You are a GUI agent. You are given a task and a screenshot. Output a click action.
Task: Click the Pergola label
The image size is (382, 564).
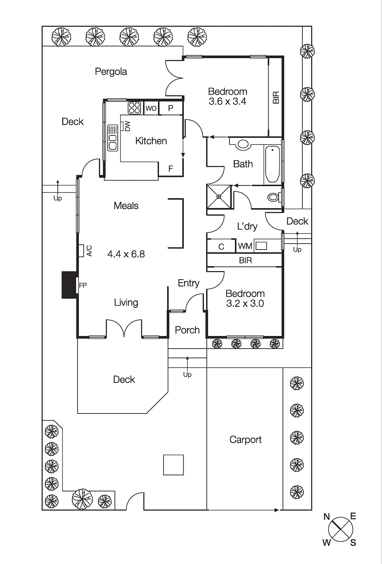click(x=111, y=72)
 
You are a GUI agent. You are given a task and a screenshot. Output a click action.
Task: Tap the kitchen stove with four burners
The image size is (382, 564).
click(x=134, y=108)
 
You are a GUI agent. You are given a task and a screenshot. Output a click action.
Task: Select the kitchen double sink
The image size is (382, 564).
click(x=112, y=137)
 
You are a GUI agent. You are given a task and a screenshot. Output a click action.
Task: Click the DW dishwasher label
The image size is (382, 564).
click(x=127, y=126)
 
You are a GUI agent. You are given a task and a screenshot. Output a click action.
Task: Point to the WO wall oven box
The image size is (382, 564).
click(x=151, y=108)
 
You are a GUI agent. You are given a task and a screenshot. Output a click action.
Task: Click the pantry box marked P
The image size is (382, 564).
click(x=171, y=108)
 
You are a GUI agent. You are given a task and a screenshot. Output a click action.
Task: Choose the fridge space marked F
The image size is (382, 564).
click(x=171, y=169)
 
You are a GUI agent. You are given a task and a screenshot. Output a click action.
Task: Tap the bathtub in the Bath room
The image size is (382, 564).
click(x=272, y=164)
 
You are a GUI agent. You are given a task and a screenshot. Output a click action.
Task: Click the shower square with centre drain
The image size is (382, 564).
click(x=219, y=197)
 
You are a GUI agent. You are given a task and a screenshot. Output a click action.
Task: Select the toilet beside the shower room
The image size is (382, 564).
click(x=273, y=197)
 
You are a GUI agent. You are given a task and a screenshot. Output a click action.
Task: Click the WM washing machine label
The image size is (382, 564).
click(x=245, y=246)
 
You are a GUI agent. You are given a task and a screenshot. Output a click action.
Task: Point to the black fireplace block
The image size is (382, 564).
click(x=69, y=285)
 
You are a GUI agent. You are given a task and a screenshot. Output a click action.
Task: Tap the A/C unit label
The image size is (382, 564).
click(x=89, y=251)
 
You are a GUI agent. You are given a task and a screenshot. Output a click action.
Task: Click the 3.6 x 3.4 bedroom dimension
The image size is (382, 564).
click(x=227, y=102)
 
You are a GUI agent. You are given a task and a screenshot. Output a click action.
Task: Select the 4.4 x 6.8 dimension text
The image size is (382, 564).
click(x=126, y=254)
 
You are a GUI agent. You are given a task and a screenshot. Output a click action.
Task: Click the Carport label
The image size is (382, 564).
click(x=245, y=440)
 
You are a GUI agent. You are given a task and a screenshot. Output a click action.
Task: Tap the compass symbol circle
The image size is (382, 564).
click(x=340, y=529)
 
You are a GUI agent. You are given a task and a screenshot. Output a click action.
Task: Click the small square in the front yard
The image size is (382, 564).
click(x=173, y=465)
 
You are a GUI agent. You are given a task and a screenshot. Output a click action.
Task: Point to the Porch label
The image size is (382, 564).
click(x=187, y=330)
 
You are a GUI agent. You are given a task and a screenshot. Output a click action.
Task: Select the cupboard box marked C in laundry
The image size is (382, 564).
click(x=221, y=246)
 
